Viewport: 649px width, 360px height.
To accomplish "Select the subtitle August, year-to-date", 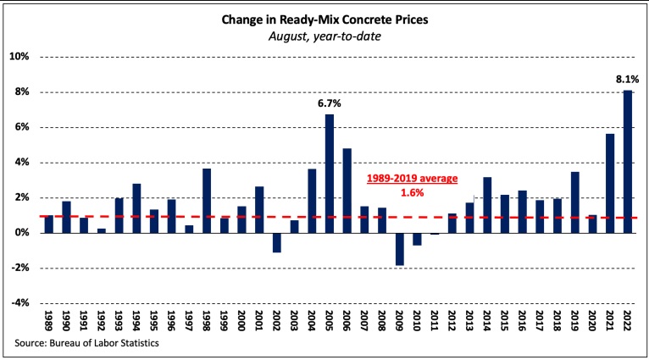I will (x=324, y=35).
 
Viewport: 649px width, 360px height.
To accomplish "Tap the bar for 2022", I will (x=628, y=161).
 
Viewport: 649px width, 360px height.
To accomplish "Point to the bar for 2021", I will (x=610, y=183).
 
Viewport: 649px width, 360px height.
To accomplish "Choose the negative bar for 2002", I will (x=277, y=242).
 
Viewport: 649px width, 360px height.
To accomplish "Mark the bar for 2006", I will (x=347, y=190).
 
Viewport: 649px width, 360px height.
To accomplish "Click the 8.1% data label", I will (x=628, y=80).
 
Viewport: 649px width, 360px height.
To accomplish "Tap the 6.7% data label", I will (x=330, y=103).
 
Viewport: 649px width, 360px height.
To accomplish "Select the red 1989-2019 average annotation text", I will (x=411, y=180).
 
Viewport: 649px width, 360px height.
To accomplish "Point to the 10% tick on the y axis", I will (x=19, y=57).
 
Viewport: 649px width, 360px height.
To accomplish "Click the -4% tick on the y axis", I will (x=19, y=302).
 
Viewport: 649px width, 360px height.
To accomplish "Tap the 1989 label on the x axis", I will (x=48, y=323).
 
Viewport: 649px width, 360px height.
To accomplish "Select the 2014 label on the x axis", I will (x=486, y=323).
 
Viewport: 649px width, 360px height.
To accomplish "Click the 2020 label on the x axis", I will (x=592, y=323).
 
